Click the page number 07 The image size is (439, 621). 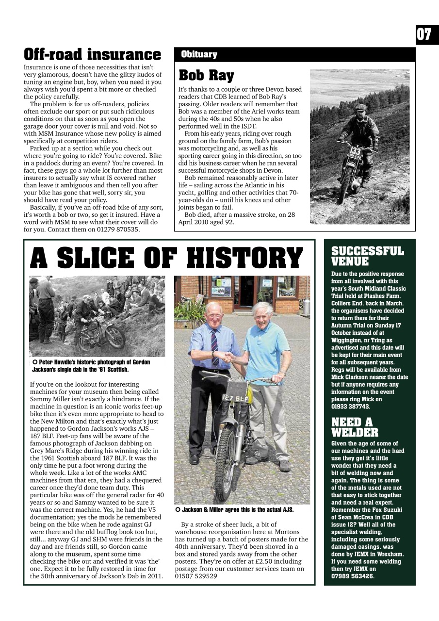click(x=423, y=35)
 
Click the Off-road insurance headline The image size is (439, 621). click(x=92, y=54)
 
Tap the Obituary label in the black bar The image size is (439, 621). click(x=199, y=54)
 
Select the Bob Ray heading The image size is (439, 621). click(x=206, y=76)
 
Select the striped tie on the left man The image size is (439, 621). click(x=214, y=347)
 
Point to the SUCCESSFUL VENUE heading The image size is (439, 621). click(x=367, y=256)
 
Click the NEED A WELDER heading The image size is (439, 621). click(x=354, y=427)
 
